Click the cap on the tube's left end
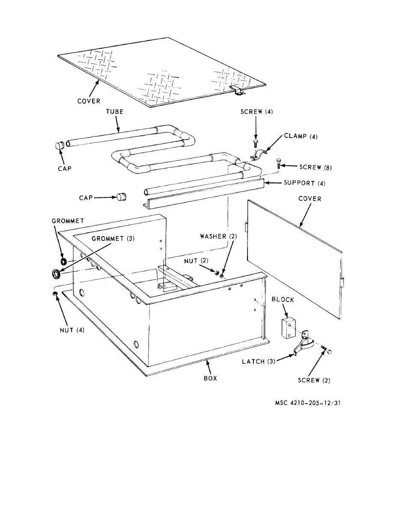pyautogui.click(x=59, y=146)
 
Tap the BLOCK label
pyautogui.click(x=283, y=300)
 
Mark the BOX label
pyautogui.click(x=210, y=378)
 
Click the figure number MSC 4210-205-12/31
pyautogui.click(x=307, y=403)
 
